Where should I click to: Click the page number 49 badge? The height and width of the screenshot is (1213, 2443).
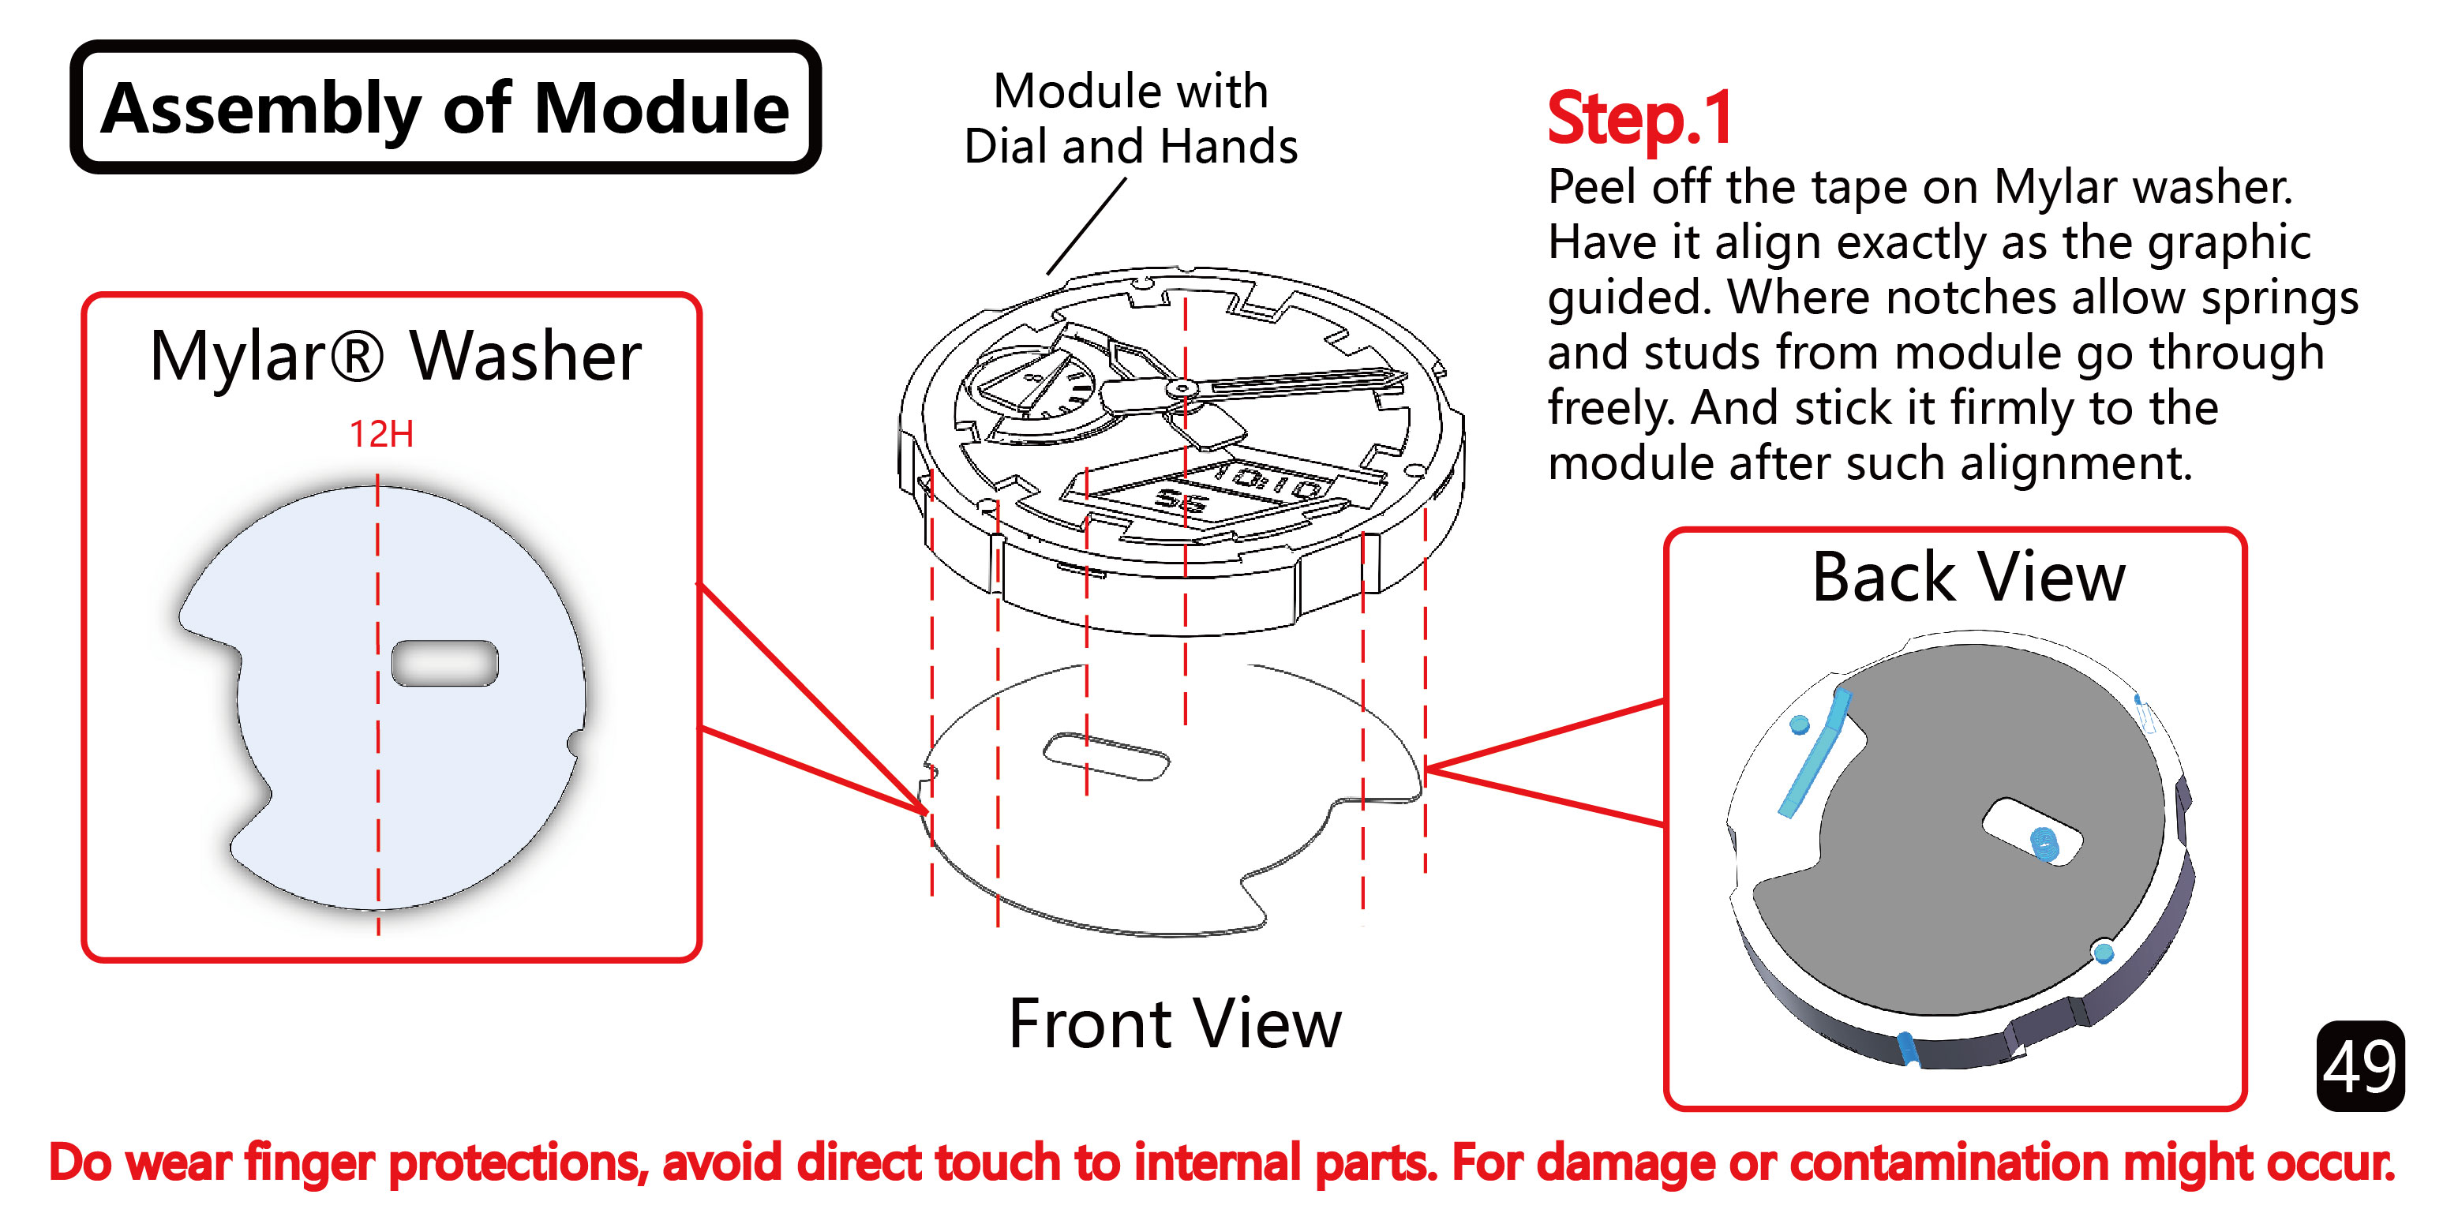pos(2359,1065)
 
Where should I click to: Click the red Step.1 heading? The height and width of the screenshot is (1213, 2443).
pos(1639,118)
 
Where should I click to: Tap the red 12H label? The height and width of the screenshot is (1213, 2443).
pos(381,434)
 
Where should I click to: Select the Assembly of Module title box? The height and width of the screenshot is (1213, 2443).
pos(444,108)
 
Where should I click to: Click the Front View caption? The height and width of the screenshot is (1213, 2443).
pos(1174,1024)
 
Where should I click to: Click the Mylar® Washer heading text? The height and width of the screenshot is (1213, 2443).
pos(395,357)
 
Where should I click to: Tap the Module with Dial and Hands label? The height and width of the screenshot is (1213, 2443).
pos(1130,118)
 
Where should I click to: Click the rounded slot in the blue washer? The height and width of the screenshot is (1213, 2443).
pos(444,663)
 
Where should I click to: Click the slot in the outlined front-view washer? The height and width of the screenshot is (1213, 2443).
pos(1106,757)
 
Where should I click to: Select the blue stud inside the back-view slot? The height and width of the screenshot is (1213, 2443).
pos(2044,842)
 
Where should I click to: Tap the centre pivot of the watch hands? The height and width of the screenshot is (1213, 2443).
pos(1181,388)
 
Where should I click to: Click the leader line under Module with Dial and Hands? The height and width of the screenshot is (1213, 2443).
pos(1086,227)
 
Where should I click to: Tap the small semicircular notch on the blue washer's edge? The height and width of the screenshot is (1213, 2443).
pos(575,742)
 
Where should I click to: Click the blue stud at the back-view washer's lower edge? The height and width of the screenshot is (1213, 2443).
pos(2103,951)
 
